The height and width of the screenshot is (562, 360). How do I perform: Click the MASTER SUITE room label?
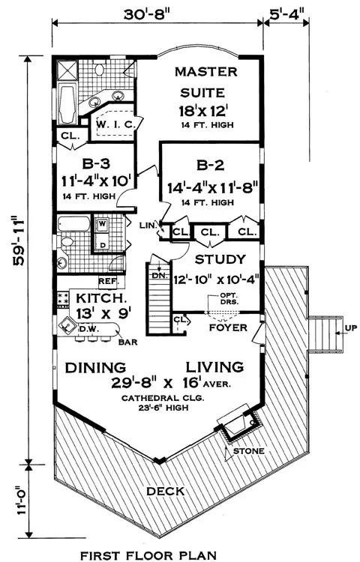[205, 82]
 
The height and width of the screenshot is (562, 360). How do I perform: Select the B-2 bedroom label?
[211, 166]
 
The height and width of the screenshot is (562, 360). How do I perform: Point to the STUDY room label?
[220, 259]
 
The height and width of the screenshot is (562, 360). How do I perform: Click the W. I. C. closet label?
[115, 124]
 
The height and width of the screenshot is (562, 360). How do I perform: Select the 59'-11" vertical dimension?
[19, 241]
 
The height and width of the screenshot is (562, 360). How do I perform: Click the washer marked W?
[102, 224]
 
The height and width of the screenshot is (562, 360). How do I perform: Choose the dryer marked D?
[103, 245]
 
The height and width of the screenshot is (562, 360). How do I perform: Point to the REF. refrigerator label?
[108, 282]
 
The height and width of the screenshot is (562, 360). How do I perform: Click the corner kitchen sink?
[67, 325]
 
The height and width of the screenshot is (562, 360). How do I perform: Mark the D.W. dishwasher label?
[89, 328]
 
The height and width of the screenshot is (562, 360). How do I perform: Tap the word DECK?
[165, 491]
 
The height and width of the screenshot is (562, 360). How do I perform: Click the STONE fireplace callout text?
[248, 451]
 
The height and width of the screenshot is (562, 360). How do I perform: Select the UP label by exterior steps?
[351, 328]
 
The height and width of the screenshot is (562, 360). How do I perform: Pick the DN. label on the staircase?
[158, 275]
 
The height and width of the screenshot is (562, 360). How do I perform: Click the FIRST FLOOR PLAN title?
[148, 555]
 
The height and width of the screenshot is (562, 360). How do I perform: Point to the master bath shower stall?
[67, 70]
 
